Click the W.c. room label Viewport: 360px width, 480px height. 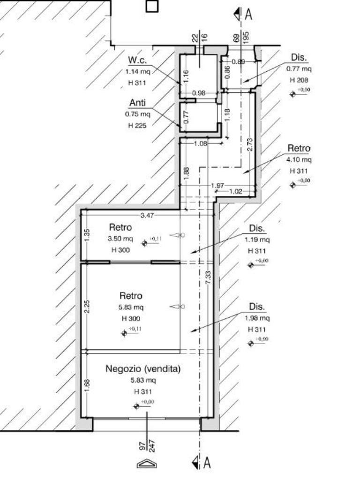tap(137, 60)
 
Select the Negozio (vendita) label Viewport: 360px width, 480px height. tap(143, 369)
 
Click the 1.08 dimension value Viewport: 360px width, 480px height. tap(200, 143)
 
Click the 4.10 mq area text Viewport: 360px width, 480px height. tap(299, 160)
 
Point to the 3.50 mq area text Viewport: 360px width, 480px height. tap(120, 239)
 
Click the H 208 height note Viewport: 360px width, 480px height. tap(299, 80)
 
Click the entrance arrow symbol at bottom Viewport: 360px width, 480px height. tap(147, 464)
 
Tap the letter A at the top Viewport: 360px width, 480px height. tap(248, 15)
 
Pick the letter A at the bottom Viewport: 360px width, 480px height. tap(207, 463)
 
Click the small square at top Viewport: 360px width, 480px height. tap(152, 6)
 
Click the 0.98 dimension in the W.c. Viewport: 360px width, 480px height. tap(199, 93)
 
